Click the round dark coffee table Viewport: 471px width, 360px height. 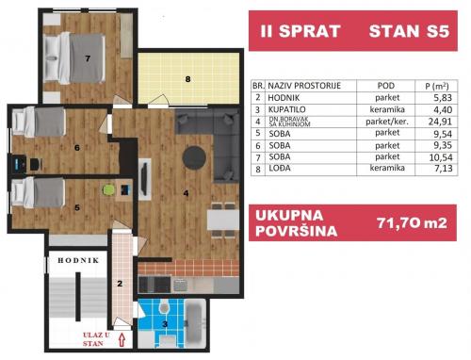pyautogui.click(x=194, y=157)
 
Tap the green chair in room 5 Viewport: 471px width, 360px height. pyautogui.click(x=108, y=190)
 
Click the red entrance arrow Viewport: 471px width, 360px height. pyautogui.click(x=122, y=339)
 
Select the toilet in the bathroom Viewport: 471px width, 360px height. pyautogui.click(x=164, y=307)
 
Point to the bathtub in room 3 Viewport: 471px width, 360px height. pyautogui.click(x=195, y=323)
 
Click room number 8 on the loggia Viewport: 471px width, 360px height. pyautogui.click(x=187, y=79)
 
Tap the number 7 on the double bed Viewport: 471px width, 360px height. pyautogui.click(x=88, y=58)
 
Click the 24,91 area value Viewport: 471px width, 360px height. pyautogui.click(x=440, y=122)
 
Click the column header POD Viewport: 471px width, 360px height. pyautogui.click(x=386, y=86)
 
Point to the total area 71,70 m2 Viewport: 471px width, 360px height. pyautogui.click(x=412, y=223)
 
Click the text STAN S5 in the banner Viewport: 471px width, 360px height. pyautogui.click(x=409, y=31)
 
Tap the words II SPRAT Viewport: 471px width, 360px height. pyautogui.click(x=300, y=31)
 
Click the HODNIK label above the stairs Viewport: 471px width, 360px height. pyautogui.click(x=78, y=260)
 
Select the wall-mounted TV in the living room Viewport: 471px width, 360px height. pyautogui.click(x=144, y=178)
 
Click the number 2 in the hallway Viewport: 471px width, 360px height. pyautogui.click(x=120, y=284)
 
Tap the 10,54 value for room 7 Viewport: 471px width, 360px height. pyautogui.click(x=441, y=157)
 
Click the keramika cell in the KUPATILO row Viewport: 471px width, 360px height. pyautogui.click(x=387, y=109)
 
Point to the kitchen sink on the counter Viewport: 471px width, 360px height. pyautogui.click(x=181, y=285)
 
